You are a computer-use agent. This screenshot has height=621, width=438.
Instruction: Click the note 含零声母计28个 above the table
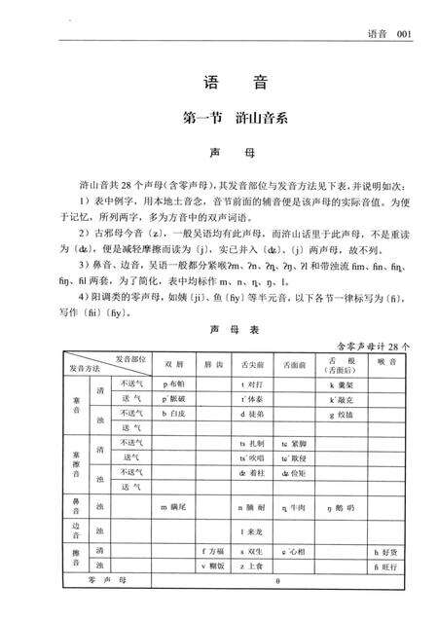pyautogui.click(x=373, y=345)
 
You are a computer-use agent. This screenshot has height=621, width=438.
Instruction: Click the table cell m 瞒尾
pyautogui.click(x=177, y=507)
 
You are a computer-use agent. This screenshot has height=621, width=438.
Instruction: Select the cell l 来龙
pyautogui.click(x=255, y=532)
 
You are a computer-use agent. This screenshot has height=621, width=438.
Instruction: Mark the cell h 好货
pyautogui.click(x=386, y=551)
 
